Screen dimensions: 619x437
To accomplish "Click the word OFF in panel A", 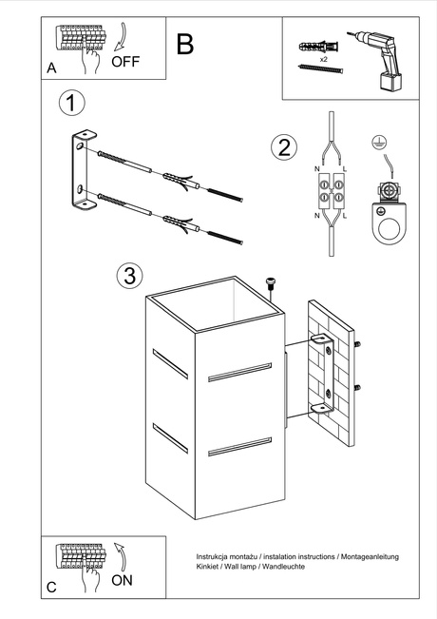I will coord(125,63).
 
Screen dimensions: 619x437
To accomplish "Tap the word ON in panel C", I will coord(123,580).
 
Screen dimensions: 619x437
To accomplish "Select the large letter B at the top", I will coord(185,44).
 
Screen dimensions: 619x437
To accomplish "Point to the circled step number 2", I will coord(281,146).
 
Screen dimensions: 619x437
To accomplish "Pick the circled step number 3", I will coord(129,276).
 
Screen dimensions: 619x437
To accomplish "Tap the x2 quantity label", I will coord(323,59).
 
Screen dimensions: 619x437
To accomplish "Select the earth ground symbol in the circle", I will coord(377,142).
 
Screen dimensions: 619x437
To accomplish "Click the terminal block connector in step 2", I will coord(329,190).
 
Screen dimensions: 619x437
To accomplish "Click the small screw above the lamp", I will coord(270,282).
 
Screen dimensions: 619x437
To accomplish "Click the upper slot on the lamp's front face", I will coord(238,373).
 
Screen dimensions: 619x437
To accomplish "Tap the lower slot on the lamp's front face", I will coord(238,446).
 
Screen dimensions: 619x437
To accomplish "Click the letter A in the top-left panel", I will coord(52,69).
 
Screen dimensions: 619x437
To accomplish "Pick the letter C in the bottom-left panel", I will coord(52,588).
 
